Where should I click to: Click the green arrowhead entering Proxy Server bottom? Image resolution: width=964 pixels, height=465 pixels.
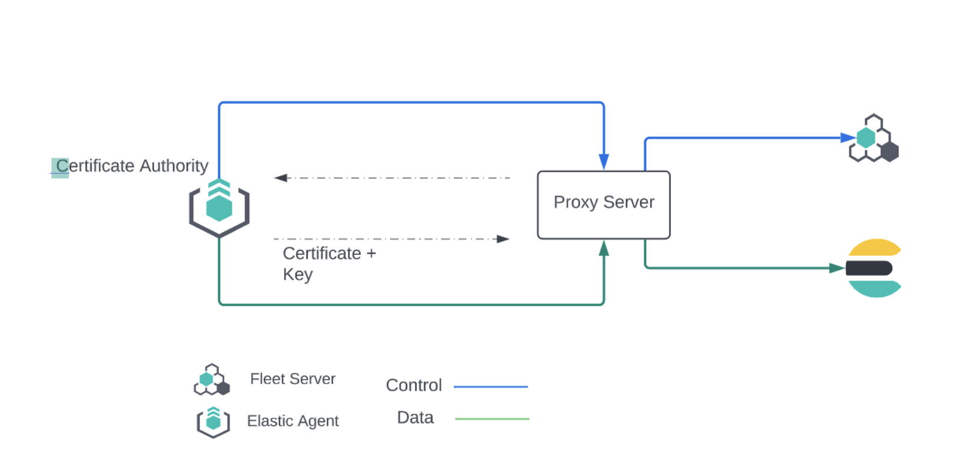click(604, 248)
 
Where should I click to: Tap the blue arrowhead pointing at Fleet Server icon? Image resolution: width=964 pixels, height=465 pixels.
click(848, 138)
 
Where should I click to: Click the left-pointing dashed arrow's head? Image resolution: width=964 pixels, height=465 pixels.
click(281, 178)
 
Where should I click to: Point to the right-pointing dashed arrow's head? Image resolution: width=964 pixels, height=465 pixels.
click(503, 239)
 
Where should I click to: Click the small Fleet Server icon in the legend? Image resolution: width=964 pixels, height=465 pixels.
click(211, 380)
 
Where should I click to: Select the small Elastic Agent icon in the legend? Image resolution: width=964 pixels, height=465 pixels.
click(213, 422)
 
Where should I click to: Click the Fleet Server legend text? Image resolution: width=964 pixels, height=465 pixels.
click(292, 379)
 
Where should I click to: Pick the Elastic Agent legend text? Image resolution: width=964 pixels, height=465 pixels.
click(292, 421)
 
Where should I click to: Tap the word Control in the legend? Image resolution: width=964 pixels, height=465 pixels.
click(413, 385)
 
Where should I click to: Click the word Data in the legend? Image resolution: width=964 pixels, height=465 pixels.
click(415, 418)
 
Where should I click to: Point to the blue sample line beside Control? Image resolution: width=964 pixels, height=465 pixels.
click(490, 387)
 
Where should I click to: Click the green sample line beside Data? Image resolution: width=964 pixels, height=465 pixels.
click(492, 419)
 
